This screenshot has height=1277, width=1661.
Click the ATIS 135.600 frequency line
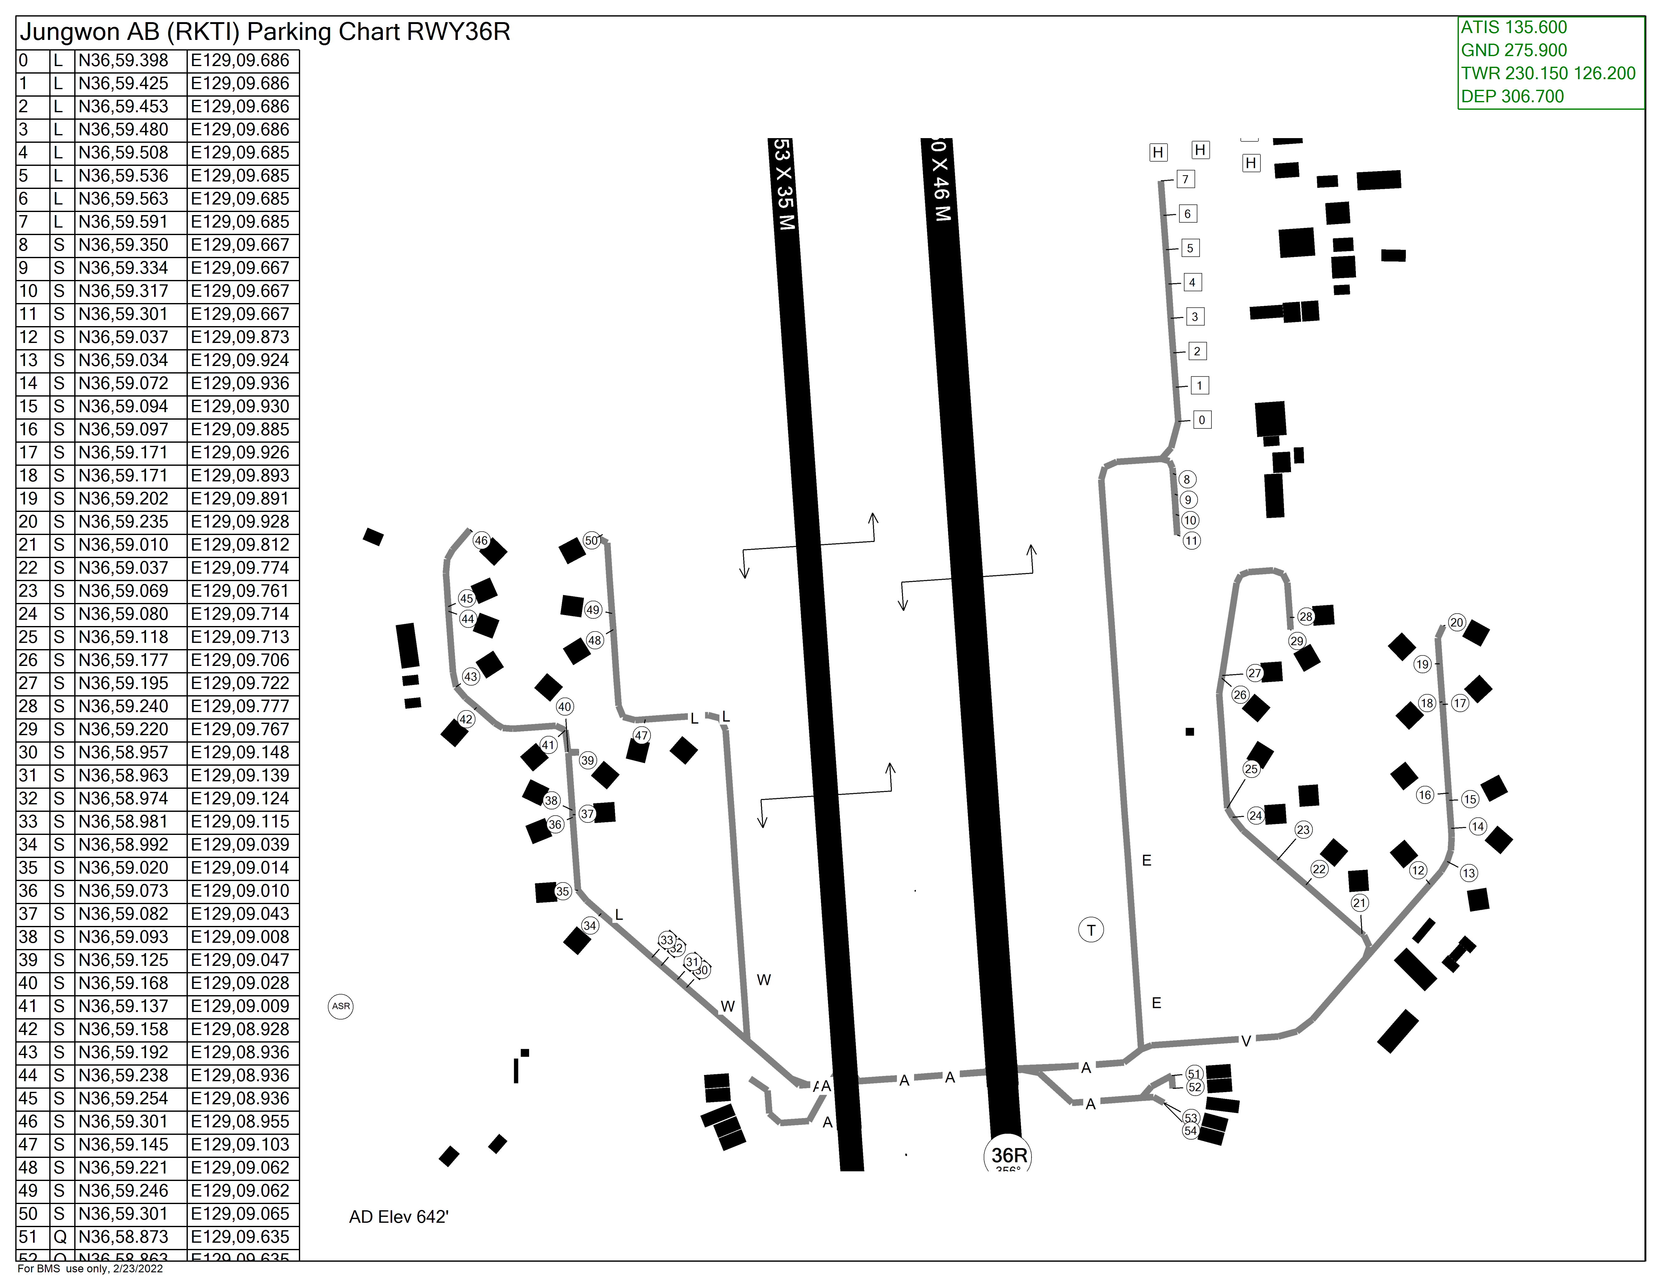pyautogui.click(x=1513, y=27)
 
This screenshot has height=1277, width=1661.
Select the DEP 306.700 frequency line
pyautogui.click(x=1512, y=97)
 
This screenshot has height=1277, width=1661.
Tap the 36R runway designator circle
pyautogui.click(x=1009, y=1155)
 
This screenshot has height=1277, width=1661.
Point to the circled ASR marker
pyautogui.click(x=341, y=1006)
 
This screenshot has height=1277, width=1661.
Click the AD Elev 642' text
pyautogui.click(x=398, y=1217)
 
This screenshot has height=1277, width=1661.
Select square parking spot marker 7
pyautogui.click(x=1185, y=179)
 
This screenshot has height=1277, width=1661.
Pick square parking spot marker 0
pyautogui.click(x=1202, y=420)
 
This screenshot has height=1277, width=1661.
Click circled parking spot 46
pyautogui.click(x=481, y=540)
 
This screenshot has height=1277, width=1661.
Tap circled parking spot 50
pyautogui.click(x=592, y=540)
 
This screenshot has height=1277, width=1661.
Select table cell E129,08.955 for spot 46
pyautogui.click(x=240, y=1121)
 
